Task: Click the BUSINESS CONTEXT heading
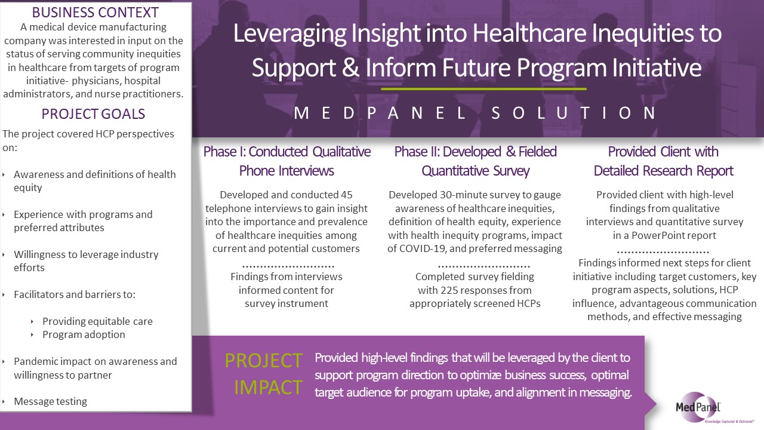(95, 13)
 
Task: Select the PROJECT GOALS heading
(93, 113)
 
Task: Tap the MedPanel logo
(698, 407)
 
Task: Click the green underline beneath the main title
(483, 89)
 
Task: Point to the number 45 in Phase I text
(347, 195)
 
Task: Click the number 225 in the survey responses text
(449, 290)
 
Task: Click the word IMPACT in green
(268, 388)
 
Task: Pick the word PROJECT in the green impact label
(264, 360)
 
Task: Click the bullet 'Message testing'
(50, 401)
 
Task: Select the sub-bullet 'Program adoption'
(84, 334)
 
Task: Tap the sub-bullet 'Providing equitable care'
(97, 321)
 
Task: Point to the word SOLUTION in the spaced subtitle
(574, 113)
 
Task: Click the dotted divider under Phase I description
(288, 266)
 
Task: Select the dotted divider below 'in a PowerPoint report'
(663, 253)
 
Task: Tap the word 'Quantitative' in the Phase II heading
(445, 171)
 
